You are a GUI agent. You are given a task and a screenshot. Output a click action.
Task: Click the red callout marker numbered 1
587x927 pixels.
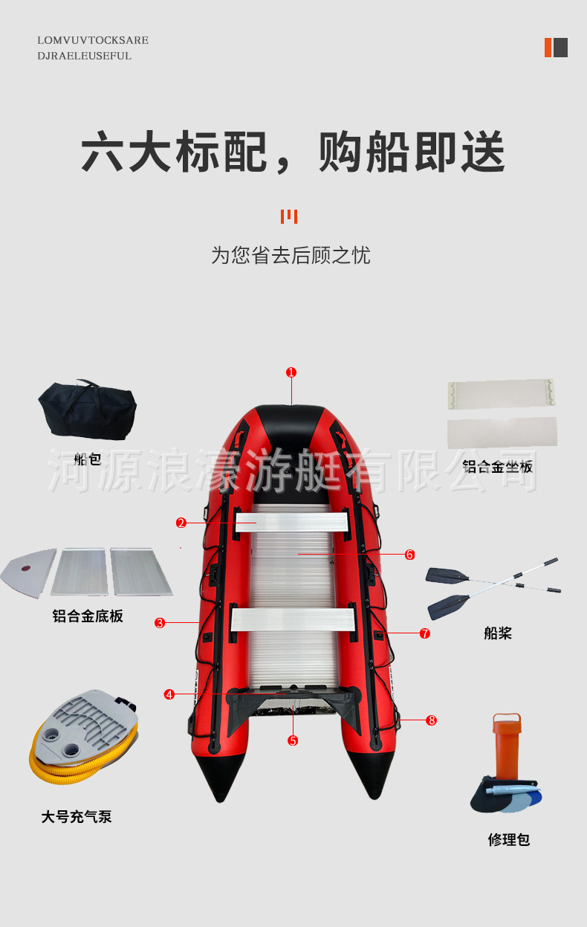[291, 372]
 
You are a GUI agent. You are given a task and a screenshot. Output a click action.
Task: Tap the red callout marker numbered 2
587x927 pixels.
[181, 523]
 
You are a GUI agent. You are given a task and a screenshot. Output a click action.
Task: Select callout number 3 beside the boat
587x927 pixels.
[160, 623]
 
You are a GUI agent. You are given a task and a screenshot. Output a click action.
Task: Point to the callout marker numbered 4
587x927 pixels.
[169, 694]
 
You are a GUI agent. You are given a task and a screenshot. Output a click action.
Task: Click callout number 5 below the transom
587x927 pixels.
[293, 740]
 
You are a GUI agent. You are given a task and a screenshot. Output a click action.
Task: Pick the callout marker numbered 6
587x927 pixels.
[409, 555]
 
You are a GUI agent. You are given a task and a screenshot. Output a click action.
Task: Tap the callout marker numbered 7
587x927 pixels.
[424, 633]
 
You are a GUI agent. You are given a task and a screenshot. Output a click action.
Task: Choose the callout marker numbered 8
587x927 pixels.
[432, 720]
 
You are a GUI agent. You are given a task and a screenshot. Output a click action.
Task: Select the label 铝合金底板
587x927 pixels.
[88, 616]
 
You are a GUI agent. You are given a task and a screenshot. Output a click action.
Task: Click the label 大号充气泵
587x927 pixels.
[77, 817]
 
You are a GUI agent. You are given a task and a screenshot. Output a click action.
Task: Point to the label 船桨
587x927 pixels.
[498, 633]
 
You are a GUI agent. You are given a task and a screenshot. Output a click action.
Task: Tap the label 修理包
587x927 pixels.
[509, 839]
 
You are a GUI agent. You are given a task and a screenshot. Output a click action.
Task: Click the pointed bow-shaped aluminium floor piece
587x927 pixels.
[28, 572]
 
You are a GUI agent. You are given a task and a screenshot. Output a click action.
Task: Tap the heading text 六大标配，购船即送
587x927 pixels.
[293, 152]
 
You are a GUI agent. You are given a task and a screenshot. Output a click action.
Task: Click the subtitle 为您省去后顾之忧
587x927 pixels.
[291, 256]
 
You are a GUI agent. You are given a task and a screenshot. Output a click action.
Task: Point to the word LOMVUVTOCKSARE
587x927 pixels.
[93, 40]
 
